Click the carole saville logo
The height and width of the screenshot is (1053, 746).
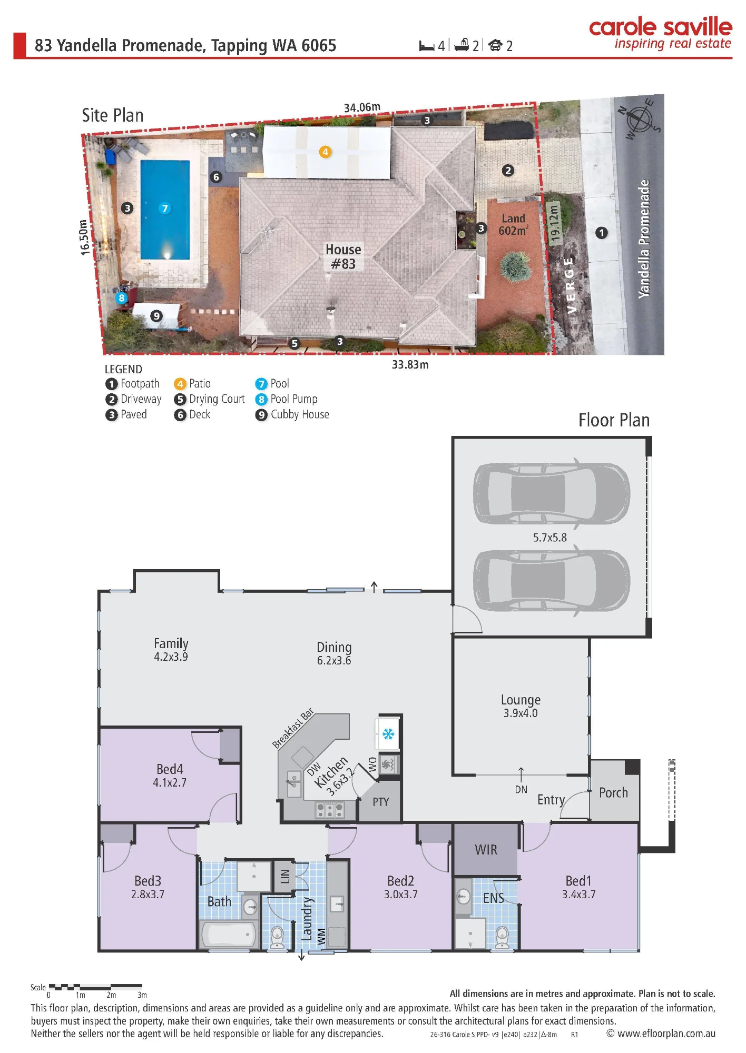(661, 33)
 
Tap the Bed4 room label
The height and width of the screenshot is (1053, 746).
(170, 769)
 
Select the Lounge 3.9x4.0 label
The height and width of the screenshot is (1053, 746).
(521, 706)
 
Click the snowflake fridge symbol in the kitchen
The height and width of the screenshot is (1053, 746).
(388, 733)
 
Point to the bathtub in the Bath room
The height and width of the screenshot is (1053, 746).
(229, 935)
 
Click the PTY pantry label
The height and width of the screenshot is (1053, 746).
(380, 802)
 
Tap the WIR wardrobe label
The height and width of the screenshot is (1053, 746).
(486, 850)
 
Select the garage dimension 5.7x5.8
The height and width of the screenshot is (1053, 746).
(549, 538)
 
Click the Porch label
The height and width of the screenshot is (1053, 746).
(613, 793)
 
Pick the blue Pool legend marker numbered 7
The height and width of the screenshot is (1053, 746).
(261, 384)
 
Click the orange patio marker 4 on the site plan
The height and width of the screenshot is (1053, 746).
(325, 152)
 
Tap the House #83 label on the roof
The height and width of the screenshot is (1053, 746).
(343, 256)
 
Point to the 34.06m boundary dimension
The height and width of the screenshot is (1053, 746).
(362, 107)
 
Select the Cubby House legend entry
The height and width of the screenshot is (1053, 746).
(292, 415)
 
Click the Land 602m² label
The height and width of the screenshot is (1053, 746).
(513, 225)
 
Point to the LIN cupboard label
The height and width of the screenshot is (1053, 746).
(285, 877)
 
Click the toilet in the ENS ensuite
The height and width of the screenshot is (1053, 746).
(502, 938)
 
